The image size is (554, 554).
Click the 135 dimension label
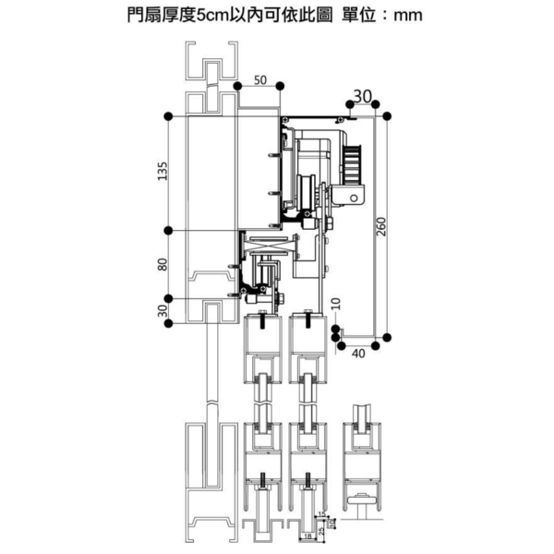coord(163,172)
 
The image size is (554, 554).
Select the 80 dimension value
coord(163,265)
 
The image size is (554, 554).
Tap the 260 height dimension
coord(379,225)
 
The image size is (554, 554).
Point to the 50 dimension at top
coord(259,80)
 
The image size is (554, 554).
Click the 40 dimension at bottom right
coord(357,352)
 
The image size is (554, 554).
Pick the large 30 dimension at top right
coord(362,96)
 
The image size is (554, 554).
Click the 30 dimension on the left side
coord(163,309)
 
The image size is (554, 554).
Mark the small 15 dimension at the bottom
coord(320,513)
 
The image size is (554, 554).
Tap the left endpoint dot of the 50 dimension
coord(238,85)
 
